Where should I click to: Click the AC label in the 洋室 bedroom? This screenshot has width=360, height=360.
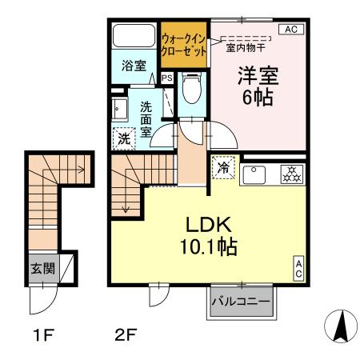click(x=290, y=30)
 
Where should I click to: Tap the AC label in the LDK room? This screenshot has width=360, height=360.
click(x=298, y=268)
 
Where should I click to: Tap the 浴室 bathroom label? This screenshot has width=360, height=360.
click(x=133, y=67)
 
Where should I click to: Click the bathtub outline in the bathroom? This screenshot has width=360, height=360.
click(x=133, y=37)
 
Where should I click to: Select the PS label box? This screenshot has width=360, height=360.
click(x=166, y=78)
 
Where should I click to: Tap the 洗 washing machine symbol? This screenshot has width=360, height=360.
click(x=124, y=138)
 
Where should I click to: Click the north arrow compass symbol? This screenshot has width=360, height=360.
click(x=338, y=326)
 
